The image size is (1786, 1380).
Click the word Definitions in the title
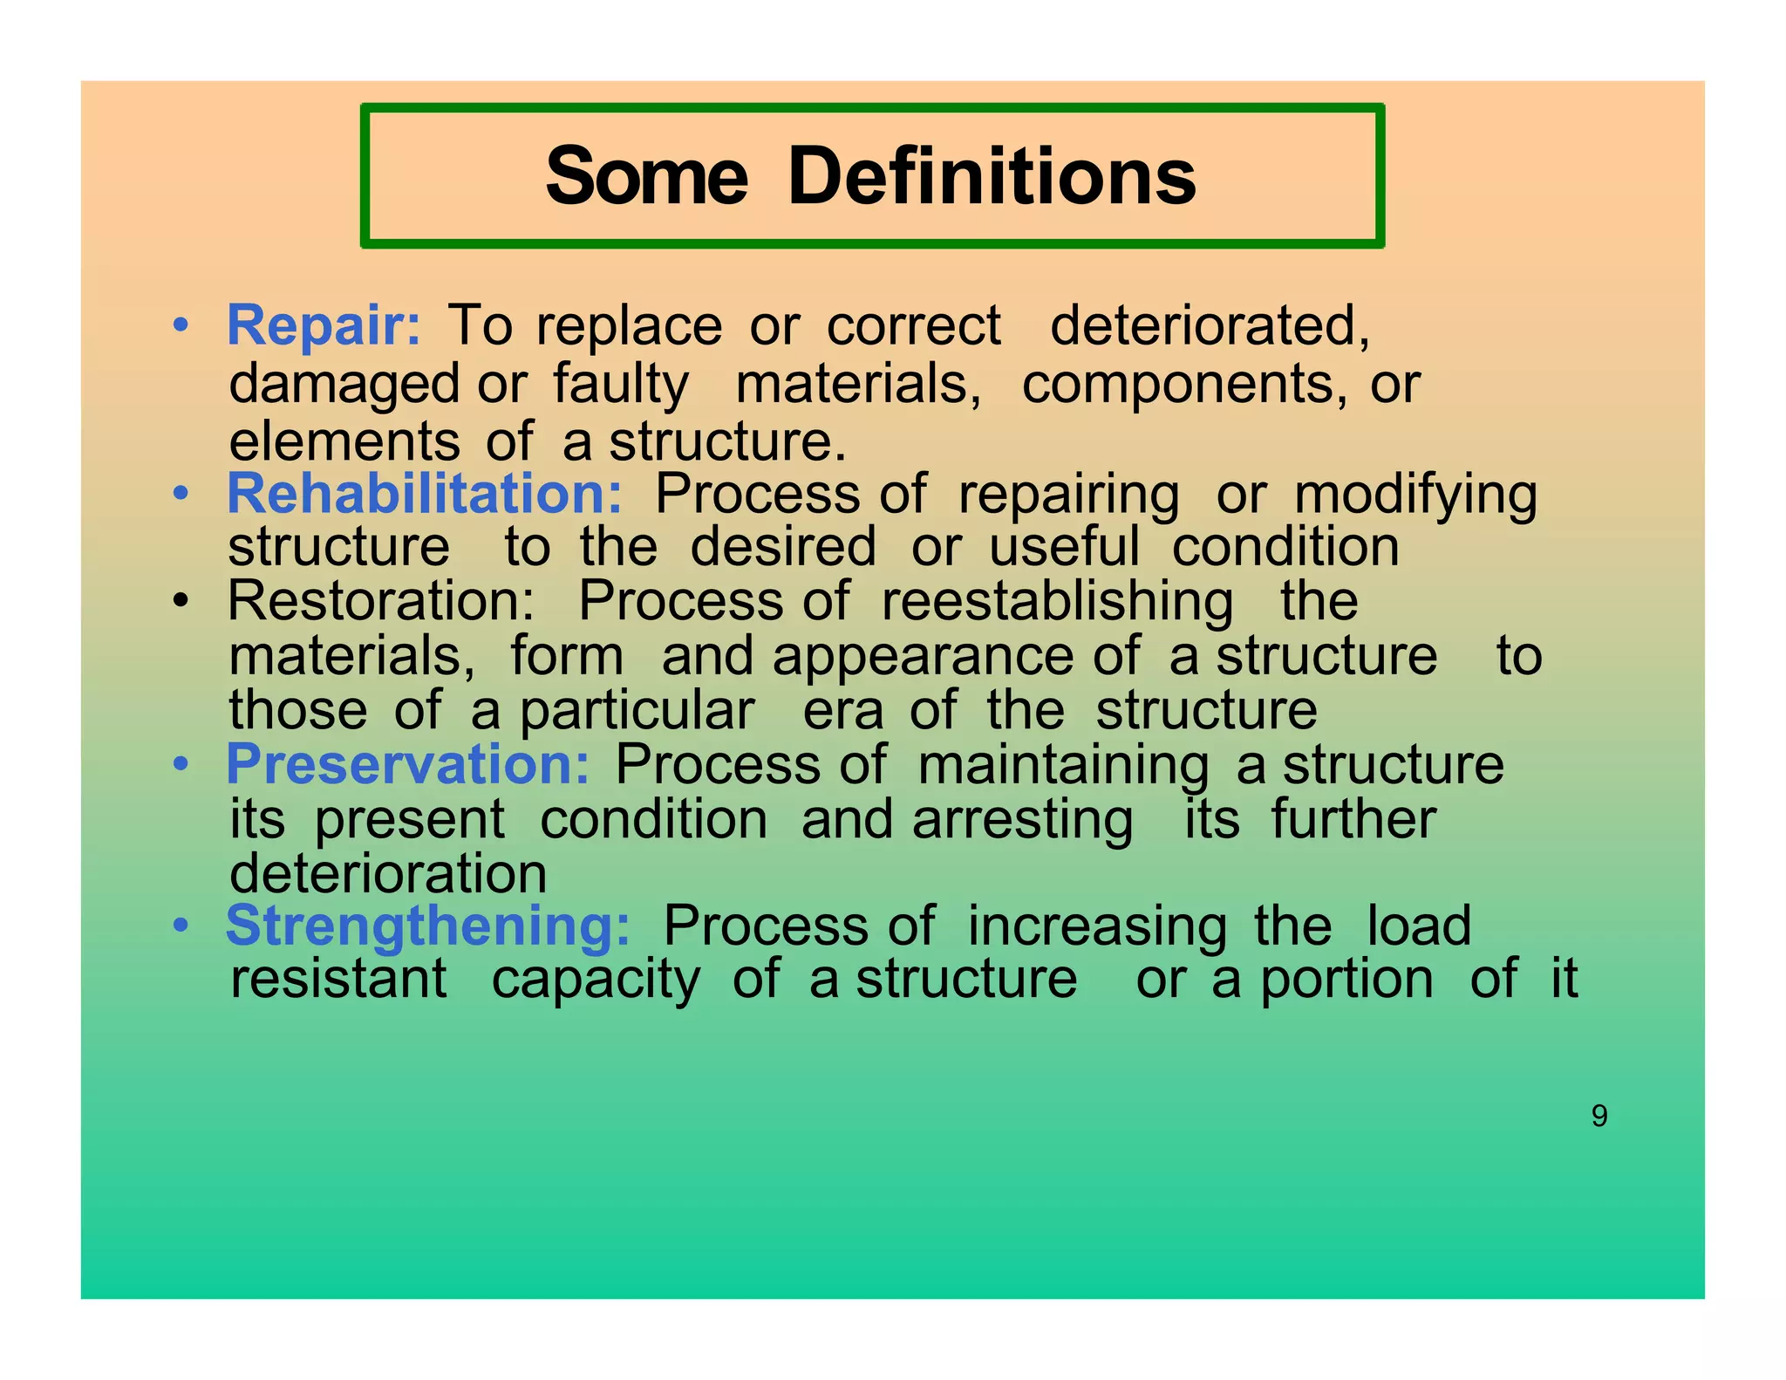(992, 177)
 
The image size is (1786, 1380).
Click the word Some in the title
(646, 177)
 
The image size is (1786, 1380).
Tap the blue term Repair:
(324, 326)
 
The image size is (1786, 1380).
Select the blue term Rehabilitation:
(425, 494)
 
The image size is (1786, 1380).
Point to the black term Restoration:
(381, 601)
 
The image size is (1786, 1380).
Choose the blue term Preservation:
(407, 765)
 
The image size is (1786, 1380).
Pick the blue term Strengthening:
(427, 926)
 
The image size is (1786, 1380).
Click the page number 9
(1599, 1116)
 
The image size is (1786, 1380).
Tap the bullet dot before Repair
(181, 325)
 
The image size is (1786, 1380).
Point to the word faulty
(621, 386)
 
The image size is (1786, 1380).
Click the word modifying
(1415, 495)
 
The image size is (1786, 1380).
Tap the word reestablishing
(1057, 602)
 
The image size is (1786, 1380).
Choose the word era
(843, 711)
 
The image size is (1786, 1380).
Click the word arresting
(1022, 821)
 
